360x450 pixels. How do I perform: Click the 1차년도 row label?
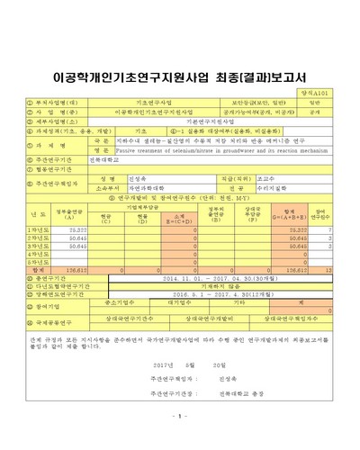(x=37, y=230)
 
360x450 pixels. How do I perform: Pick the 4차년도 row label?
(x=37, y=255)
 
